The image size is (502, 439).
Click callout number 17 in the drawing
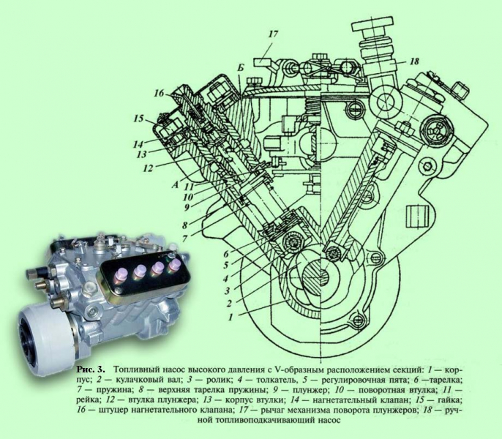click(273, 34)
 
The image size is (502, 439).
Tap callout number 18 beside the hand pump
click(414, 61)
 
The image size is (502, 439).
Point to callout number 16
click(159, 93)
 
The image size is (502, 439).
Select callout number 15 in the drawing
click(138, 119)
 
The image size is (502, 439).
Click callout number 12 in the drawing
click(148, 168)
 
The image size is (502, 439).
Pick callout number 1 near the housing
click(230, 318)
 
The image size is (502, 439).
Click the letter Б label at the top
click(241, 68)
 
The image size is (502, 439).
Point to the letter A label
click(174, 185)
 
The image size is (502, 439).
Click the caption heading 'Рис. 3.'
click(91, 369)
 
